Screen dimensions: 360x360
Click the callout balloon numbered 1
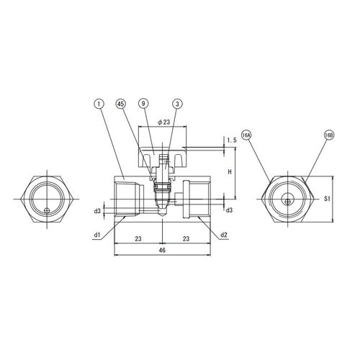(x=100, y=104)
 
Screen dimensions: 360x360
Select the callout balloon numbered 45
(x=121, y=104)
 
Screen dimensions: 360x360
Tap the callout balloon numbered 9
(x=143, y=104)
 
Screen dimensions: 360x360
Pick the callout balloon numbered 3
(x=178, y=104)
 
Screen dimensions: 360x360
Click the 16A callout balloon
(x=246, y=135)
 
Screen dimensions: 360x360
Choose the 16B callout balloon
(x=329, y=135)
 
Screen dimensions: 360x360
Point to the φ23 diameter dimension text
(x=163, y=122)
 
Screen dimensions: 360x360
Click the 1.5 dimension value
(x=232, y=140)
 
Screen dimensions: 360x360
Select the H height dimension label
(x=230, y=172)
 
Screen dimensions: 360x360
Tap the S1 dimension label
(x=327, y=199)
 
